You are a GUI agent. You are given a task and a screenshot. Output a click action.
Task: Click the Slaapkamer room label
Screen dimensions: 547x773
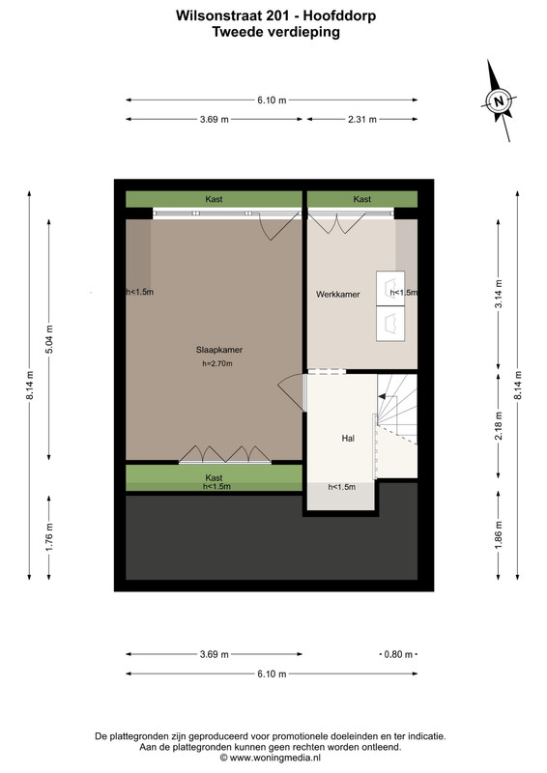[x=219, y=350]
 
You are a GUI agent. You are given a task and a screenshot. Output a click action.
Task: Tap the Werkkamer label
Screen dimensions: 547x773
[x=338, y=295]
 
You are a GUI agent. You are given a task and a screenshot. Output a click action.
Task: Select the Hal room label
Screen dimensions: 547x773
[x=348, y=438]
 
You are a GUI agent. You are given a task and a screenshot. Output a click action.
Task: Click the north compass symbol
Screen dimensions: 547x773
[x=499, y=101]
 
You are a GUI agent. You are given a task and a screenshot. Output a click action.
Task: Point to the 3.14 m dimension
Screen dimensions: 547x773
[x=499, y=294]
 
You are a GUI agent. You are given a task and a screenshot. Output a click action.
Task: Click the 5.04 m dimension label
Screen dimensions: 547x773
[x=49, y=340]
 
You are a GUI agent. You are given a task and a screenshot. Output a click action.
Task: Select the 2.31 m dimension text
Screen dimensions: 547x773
[x=362, y=119]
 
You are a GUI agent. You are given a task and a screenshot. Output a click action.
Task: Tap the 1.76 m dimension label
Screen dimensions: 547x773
[x=49, y=537]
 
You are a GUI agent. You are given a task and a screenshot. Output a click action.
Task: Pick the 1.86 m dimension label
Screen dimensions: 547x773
[x=499, y=535]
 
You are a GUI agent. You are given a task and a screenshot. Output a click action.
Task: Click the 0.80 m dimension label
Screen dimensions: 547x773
[x=398, y=655]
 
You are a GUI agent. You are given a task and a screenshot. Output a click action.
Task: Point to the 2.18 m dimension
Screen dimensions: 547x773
[x=499, y=425]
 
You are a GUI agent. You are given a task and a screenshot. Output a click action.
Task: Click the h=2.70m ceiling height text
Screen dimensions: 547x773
[x=217, y=364]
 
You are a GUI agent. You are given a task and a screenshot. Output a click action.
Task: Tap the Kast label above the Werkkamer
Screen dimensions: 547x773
[x=362, y=199]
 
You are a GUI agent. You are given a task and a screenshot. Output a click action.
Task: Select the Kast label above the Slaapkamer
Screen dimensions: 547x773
[x=215, y=199]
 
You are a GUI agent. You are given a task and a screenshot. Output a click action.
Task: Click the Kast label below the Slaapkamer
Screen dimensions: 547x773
[x=215, y=477]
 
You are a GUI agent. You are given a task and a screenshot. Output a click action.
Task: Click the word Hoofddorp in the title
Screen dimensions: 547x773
[x=339, y=15]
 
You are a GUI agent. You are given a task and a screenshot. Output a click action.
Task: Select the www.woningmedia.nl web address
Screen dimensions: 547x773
[x=275, y=758]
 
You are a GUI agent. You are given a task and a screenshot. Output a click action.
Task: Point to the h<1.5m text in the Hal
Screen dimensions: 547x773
[x=342, y=487]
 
